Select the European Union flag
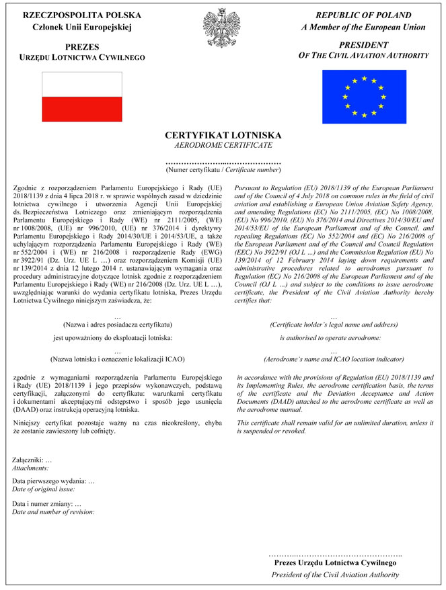click(x=363, y=97)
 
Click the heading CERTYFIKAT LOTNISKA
click(x=223, y=136)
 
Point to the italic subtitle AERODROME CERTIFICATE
click(x=223, y=145)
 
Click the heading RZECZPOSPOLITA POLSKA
click(x=83, y=15)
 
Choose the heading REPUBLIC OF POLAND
click(x=363, y=15)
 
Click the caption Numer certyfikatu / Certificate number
click(x=223, y=171)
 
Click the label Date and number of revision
click(x=53, y=511)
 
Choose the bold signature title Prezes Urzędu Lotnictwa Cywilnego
click(x=334, y=563)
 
